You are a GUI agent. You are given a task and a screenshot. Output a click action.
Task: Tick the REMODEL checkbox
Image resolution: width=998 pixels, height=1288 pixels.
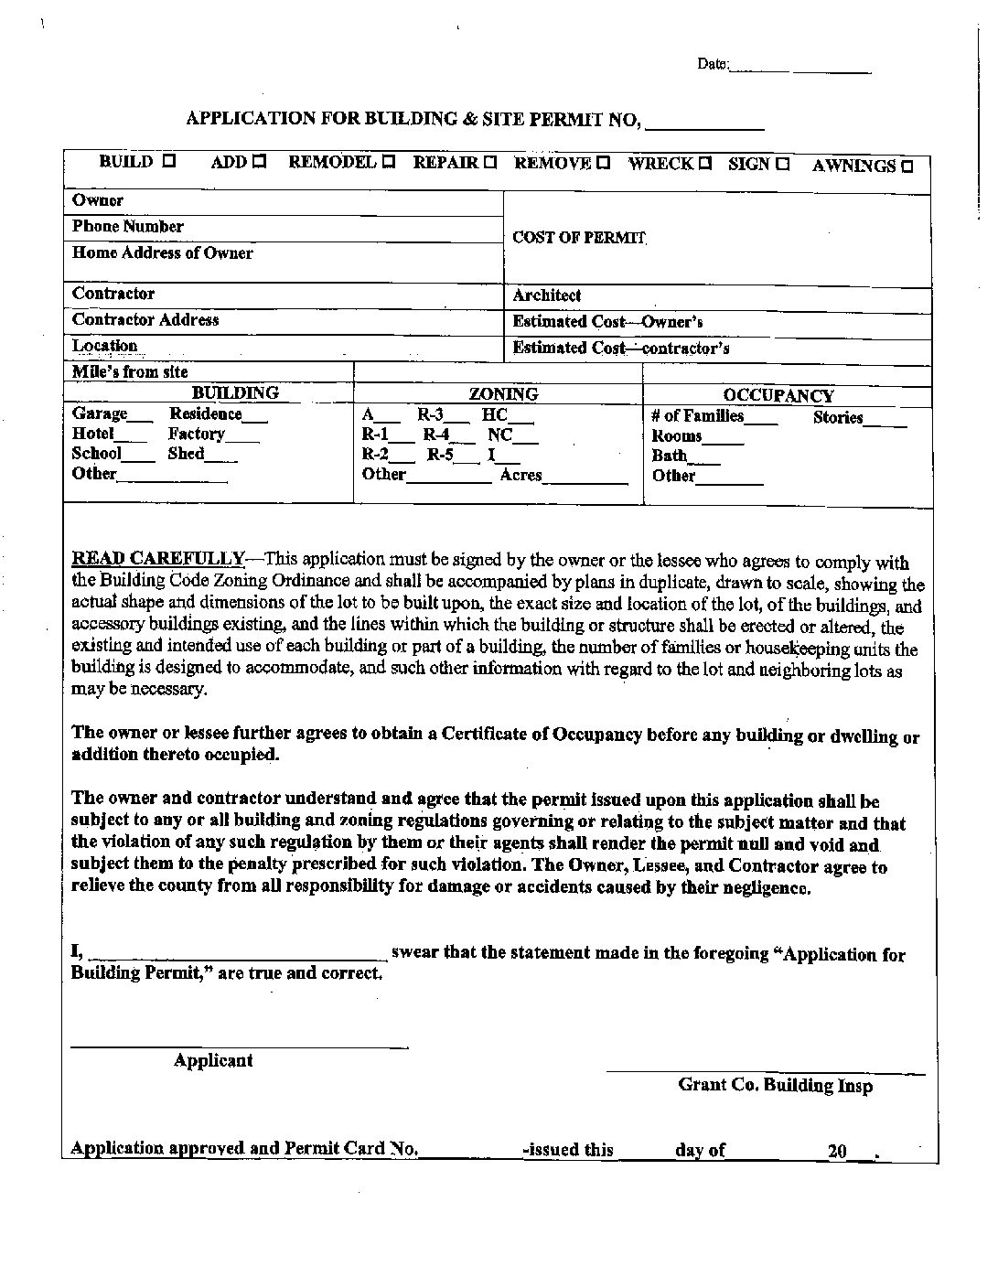[389, 163]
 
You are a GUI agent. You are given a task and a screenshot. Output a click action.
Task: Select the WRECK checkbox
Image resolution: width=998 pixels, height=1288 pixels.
[705, 164]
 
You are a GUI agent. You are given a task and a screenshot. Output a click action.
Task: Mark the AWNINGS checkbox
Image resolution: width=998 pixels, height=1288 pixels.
[907, 166]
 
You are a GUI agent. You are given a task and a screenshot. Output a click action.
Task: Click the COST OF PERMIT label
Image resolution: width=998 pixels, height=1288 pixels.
[579, 238]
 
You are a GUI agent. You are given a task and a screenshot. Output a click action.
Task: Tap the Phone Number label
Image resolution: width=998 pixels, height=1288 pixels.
[127, 226]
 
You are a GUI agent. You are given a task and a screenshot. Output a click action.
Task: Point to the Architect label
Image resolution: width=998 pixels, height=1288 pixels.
[546, 295]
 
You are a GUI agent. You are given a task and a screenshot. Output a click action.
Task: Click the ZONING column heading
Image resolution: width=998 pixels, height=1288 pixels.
[503, 394]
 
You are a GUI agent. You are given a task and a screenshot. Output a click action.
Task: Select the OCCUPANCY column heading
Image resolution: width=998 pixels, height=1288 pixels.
[778, 395]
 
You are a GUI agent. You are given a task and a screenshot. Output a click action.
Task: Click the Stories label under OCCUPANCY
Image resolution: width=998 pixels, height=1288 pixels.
[838, 417]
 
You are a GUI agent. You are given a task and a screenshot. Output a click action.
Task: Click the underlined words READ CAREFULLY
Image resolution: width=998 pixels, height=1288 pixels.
[157, 559]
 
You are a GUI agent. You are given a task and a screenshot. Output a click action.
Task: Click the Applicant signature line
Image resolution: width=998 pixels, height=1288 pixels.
[240, 1045]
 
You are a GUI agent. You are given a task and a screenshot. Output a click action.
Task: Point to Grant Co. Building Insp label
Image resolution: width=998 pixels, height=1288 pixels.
[775, 1085]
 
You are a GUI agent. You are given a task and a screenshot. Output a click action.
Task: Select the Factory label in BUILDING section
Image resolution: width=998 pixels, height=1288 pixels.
[196, 434]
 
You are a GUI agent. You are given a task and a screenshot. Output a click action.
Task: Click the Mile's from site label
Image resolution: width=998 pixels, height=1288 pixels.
[130, 371]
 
